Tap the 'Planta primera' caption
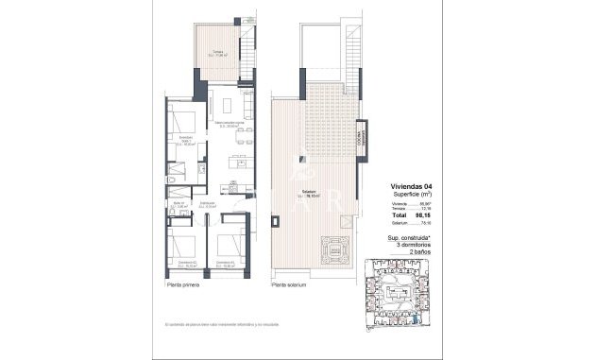(183, 284)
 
